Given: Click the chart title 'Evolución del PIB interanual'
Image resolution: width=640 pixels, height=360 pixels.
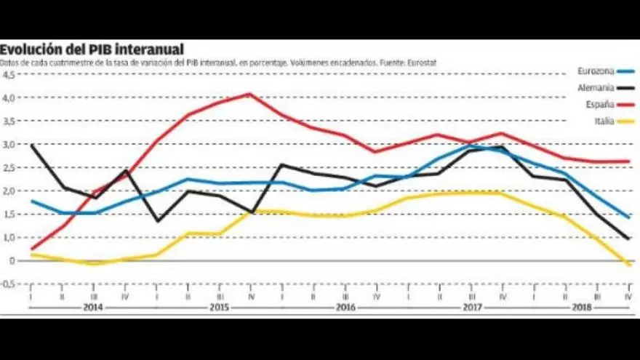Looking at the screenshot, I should click(x=92, y=49).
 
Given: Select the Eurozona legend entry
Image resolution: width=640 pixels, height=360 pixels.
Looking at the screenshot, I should click(x=596, y=71).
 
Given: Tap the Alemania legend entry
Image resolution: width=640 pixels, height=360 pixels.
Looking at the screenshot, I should click(x=596, y=87).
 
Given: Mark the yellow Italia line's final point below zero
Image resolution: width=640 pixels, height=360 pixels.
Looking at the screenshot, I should click(x=628, y=265).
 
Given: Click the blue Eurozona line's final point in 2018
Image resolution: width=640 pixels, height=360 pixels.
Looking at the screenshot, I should click(x=628, y=217).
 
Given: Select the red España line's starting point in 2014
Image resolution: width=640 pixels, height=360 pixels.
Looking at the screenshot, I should click(x=32, y=249).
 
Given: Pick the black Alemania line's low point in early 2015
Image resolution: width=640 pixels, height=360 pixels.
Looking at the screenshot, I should click(x=157, y=220).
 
